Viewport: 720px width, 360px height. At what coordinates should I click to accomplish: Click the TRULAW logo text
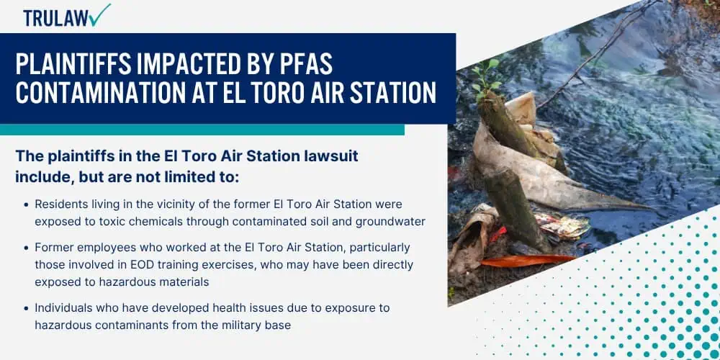(x=56, y=19)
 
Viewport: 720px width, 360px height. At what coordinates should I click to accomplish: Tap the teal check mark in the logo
(x=100, y=14)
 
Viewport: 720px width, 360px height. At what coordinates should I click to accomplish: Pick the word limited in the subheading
(x=181, y=177)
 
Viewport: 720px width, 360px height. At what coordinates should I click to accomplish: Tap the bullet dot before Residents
(x=26, y=204)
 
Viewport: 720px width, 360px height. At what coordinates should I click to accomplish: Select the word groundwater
(x=394, y=221)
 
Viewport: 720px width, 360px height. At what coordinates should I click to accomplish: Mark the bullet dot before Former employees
(x=26, y=248)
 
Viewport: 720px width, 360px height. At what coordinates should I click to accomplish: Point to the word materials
(x=186, y=282)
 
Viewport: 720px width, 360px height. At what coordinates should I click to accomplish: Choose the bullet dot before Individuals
(x=26, y=308)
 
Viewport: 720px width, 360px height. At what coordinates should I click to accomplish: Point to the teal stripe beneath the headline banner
(x=202, y=130)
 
